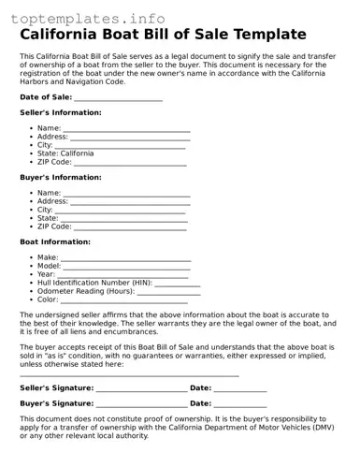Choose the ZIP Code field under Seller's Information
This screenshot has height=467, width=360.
(130, 162)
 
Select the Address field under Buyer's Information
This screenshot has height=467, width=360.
(130, 201)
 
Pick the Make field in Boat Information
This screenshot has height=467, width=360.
(126, 257)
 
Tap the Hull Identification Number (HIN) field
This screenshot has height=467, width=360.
(178, 283)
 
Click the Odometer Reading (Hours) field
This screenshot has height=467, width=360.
(169, 291)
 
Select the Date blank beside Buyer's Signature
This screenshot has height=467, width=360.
(240, 403)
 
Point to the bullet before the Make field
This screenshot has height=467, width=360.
(32, 257)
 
